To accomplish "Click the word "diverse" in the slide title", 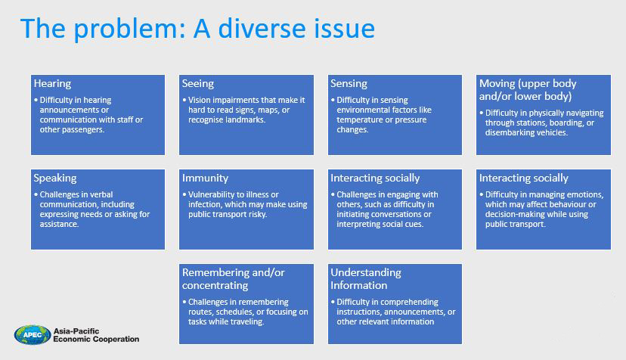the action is pos(262,29).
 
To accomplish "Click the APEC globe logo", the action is pos(33,335).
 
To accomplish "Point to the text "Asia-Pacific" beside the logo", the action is pos(76,331).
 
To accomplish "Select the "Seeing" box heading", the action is pos(198,83).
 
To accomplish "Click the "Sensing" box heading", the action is pos(349,83).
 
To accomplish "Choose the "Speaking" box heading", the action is pos(55,178).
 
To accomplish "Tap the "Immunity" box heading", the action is pos(205,178).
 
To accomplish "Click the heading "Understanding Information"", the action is pos(366,279).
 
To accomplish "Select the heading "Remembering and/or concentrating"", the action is pos(233,279).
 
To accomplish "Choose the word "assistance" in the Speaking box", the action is pos(60,224).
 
